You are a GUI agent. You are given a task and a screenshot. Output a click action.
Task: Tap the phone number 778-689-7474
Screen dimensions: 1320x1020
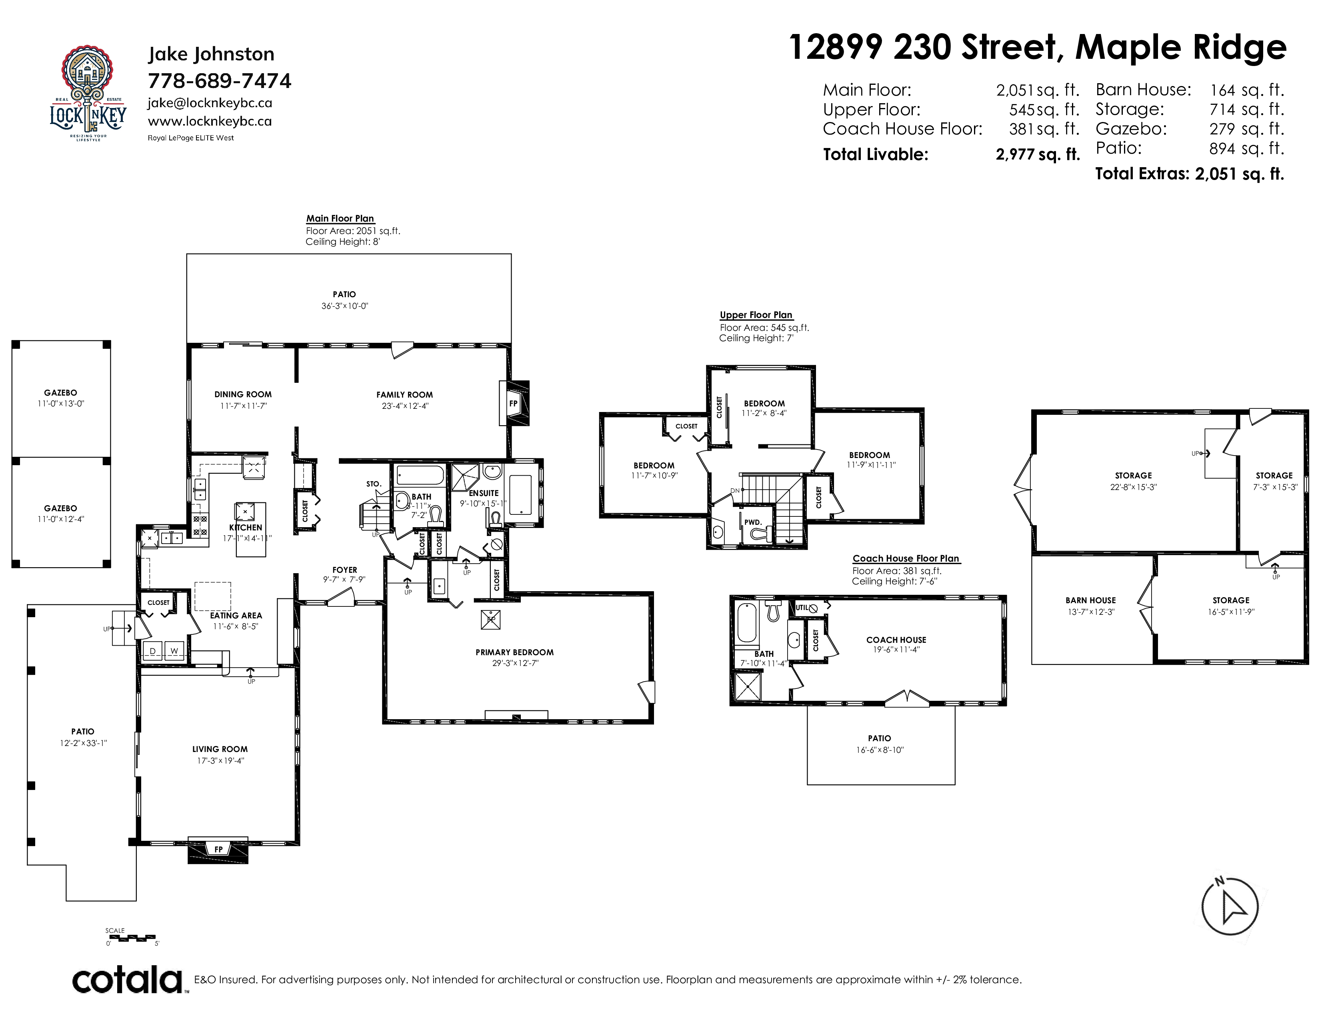pyautogui.click(x=219, y=81)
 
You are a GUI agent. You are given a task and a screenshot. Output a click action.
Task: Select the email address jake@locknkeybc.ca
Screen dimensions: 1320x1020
pyautogui.click(x=210, y=103)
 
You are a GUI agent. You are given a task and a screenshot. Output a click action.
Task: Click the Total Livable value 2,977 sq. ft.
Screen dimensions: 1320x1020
pyautogui.click(x=1037, y=155)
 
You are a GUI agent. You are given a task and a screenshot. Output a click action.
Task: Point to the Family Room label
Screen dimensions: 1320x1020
pyautogui.click(x=404, y=394)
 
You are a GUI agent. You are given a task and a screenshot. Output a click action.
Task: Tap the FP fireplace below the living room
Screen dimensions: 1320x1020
pyautogui.click(x=218, y=850)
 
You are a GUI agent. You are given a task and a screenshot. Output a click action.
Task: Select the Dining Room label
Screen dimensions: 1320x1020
pyautogui.click(x=243, y=394)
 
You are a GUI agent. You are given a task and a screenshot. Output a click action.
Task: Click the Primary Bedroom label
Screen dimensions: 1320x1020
pyautogui.click(x=514, y=652)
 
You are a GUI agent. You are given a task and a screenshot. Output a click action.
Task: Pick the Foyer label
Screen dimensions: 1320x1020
pyautogui.click(x=344, y=570)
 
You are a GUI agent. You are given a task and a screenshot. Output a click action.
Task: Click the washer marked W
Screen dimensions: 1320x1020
pyautogui.click(x=174, y=651)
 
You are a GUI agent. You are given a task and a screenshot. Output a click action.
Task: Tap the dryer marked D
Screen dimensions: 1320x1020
pyautogui.click(x=153, y=651)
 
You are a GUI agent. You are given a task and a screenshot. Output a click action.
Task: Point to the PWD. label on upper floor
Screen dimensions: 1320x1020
pyautogui.click(x=752, y=522)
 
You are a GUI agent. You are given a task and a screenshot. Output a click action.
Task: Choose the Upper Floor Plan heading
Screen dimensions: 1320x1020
pyautogui.click(x=756, y=315)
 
